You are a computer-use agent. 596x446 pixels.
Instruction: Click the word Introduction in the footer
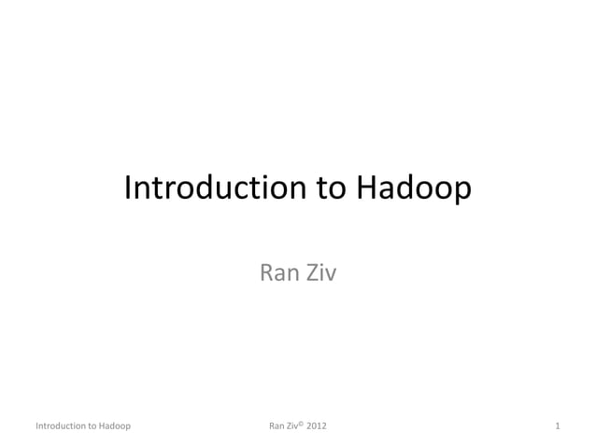[x=61, y=426]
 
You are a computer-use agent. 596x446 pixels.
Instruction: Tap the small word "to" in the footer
[x=93, y=426]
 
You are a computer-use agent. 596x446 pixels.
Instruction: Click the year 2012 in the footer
[x=319, y=426]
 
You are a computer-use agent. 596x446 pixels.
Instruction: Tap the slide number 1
[x=557, y=426]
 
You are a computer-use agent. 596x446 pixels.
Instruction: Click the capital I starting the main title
[x=128, y=189]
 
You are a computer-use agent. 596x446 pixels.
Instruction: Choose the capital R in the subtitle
[x=265, y=274]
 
